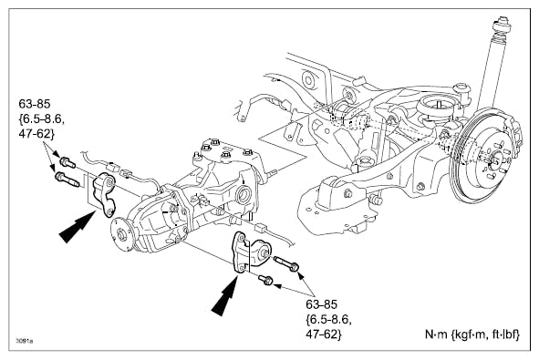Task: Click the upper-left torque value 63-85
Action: [x=35, y=104]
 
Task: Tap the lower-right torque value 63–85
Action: [x=322, y=304]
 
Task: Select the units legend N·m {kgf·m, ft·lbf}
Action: [x=472, y=334]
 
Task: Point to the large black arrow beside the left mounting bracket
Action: [x=77, y=227]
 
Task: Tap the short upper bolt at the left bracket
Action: [x=67, y=162]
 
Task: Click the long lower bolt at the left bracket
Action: [x=67, y=180]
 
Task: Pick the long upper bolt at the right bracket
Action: [x=285, y=263]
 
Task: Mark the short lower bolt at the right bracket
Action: [x=265, y=280]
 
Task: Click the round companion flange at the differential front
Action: [x=122, y=234]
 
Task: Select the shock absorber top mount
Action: [x=502, y=26]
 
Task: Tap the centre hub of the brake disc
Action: [x=495, y=159]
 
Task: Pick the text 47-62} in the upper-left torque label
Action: [x=36, y=134]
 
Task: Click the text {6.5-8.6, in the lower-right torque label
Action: [x=328, y=319]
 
